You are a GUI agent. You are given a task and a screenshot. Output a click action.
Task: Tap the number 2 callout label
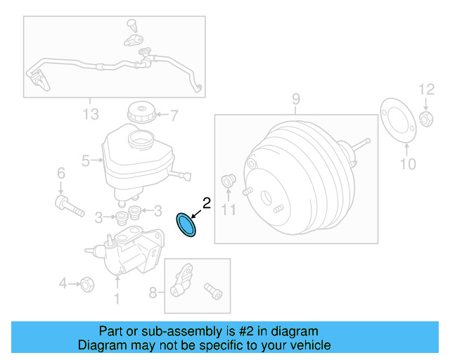[x=206, y=203]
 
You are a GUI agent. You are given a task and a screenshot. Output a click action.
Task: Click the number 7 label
[x=174, y=114]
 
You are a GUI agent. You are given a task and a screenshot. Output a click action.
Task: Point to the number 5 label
[x=86, y=161]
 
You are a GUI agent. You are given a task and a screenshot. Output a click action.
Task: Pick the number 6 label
[x=60, y=173]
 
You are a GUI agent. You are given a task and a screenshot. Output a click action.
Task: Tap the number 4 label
[x=63, y=283]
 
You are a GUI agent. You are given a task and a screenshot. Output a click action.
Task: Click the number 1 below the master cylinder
[x=117, y=299]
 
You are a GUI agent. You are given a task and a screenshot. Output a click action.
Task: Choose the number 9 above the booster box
[x=296, y=98]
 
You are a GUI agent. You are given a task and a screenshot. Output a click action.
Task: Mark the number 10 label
[x=408, y=165]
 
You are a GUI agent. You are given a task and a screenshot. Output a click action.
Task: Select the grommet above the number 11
[x=227, y=181]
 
